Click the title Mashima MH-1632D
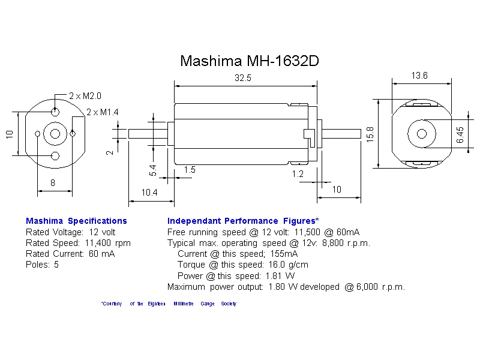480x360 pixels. point(250,61)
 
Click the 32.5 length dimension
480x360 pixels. point(243,78)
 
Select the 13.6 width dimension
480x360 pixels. point(419,76)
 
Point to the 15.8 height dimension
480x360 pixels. point(370,134)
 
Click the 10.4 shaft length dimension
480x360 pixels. point(149,193)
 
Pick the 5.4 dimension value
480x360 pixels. point(153,170)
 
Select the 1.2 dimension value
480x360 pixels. point(298,174)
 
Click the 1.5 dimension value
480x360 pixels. point(190,170)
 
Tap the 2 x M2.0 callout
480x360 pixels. point(85,96)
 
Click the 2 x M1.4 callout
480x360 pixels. point(103,112)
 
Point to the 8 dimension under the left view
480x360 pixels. point(53,183)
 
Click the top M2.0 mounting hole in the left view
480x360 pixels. point(55,112)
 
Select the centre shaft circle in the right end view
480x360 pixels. point(421,133)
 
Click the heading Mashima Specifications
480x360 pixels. point(76,221)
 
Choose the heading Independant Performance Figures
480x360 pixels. point(243,221)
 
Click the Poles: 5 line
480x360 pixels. point(42,265)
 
